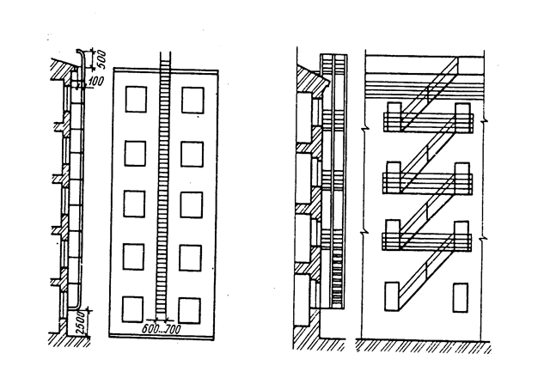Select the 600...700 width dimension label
tap(163, 327)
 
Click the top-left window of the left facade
tap(135, 100)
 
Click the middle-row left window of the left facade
tap(135, 204)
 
